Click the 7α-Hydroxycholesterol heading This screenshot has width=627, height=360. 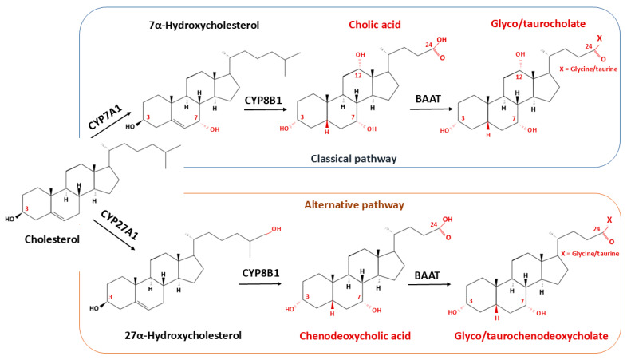204,26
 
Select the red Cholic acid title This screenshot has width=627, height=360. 375,25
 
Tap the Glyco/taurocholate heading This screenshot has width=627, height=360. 538,24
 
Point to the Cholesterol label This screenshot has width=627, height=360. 52,239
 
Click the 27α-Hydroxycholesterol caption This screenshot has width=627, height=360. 183,335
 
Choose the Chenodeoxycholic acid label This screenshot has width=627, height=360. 355,335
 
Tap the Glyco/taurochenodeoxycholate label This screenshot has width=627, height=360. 531,336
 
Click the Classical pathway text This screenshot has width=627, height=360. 354,159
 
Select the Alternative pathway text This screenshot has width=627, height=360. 354,205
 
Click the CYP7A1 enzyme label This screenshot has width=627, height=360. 104,116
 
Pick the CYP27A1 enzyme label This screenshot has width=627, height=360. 119,225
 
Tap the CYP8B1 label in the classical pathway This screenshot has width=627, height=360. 263,100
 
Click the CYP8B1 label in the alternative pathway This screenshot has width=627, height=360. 261,273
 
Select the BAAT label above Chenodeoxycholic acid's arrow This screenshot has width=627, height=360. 427,275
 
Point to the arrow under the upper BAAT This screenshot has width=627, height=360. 432,109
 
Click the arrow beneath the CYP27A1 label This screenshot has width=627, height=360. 113,235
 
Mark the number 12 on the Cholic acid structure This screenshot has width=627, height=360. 358,75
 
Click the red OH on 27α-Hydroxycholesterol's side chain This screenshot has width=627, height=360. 276,229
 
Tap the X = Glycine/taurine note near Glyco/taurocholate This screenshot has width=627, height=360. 588,69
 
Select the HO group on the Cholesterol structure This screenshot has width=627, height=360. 10,219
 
